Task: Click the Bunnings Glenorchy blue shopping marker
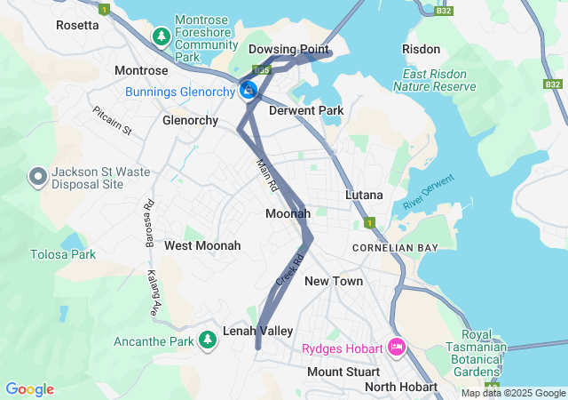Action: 249,90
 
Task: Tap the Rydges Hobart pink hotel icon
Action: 396,347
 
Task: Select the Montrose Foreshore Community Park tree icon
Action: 161,36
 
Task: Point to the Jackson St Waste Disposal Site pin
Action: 38,177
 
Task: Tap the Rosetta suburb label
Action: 77,25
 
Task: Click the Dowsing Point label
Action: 288,49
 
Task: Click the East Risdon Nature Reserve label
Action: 439,80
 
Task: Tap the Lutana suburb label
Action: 364,195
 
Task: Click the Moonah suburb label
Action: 288,213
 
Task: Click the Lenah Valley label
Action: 258,331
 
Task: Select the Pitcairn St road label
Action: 112,121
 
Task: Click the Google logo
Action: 29,389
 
